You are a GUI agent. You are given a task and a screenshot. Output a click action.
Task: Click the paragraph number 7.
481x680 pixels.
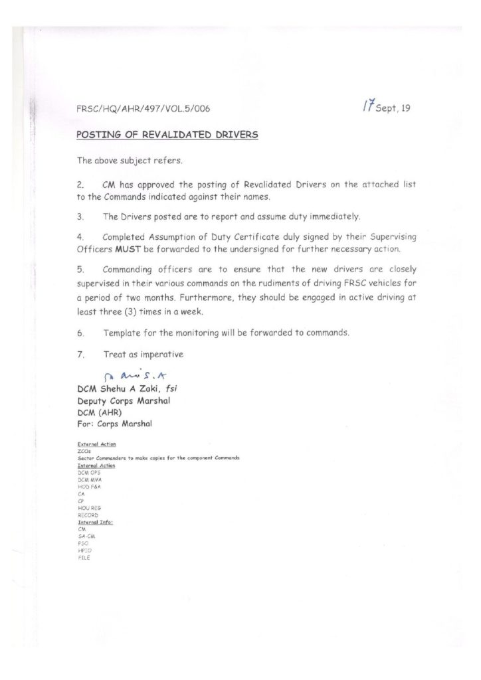tap(80, 355)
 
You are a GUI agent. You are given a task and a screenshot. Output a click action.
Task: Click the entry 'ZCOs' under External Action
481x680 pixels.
tap(84, 451)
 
